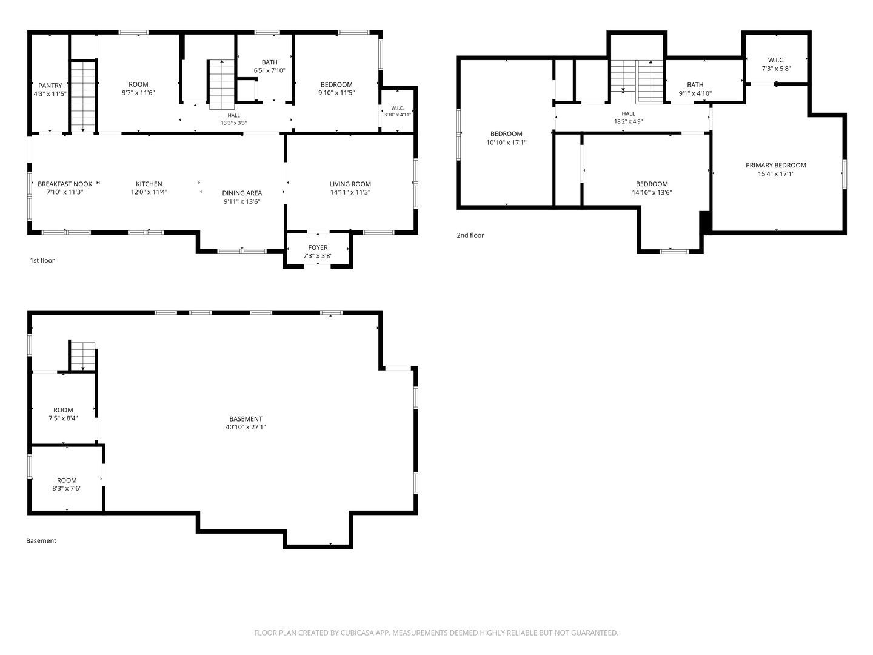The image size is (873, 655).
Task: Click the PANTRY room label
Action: click(50, 86)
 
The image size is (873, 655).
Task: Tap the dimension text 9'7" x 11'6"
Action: click(138, 93)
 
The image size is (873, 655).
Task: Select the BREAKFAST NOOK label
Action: click(65, 184)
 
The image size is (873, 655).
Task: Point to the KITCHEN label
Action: click(149, 184)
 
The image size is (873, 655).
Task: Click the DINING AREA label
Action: click(242, 193)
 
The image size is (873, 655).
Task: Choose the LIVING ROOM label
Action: click(350, 184)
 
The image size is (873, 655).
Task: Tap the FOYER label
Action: click(318, 248)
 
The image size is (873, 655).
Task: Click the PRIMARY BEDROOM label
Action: click(776, 166)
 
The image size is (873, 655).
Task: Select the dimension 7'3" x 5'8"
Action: click(777, 69)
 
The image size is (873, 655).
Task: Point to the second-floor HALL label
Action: click(629, 114)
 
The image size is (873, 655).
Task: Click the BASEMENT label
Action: click(246, 419)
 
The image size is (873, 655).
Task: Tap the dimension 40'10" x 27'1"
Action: click(246, 428)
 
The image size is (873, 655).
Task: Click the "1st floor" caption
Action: click(42, 261)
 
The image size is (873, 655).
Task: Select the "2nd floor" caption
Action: click(470, 235)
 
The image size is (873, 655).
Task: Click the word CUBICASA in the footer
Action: click(357, 633)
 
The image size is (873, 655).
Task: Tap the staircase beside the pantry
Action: click(83, 96)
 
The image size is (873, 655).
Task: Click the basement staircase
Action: click(82, 357)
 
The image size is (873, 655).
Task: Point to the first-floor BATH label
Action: click(270, 62)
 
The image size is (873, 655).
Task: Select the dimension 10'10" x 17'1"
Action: click(506, 143)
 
